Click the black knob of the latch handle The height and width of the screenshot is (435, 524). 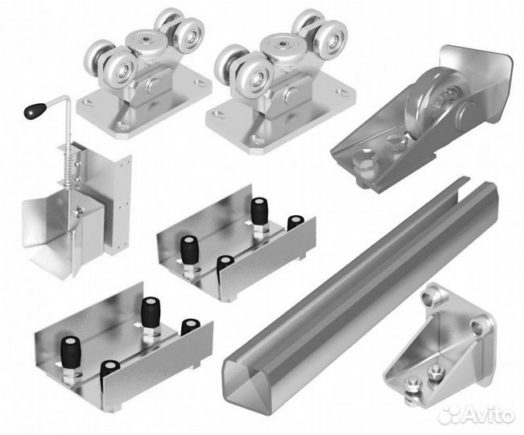(35, 110)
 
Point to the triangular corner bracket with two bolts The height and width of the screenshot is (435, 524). (439, 345)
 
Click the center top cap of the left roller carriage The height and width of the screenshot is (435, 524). (146, 40)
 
